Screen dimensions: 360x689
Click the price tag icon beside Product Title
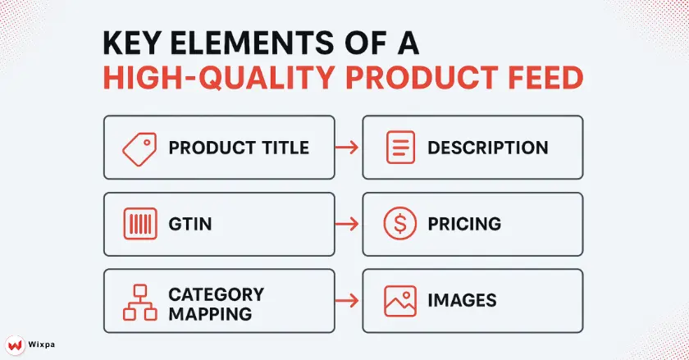(139, 148)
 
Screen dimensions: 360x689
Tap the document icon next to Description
(398, 148)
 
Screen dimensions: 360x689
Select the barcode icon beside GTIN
(139, 224)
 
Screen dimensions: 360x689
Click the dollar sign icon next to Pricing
(398, 224)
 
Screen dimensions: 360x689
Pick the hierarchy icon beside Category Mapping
(139, 302)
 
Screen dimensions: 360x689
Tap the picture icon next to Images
(398, 301)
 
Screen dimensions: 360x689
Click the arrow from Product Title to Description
(348, 148)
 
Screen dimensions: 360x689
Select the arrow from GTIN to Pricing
(348, 224)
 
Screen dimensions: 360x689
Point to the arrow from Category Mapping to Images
(348, 301)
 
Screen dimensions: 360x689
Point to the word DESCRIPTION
(487, 148)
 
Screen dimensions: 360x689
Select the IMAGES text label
(461, 301)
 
